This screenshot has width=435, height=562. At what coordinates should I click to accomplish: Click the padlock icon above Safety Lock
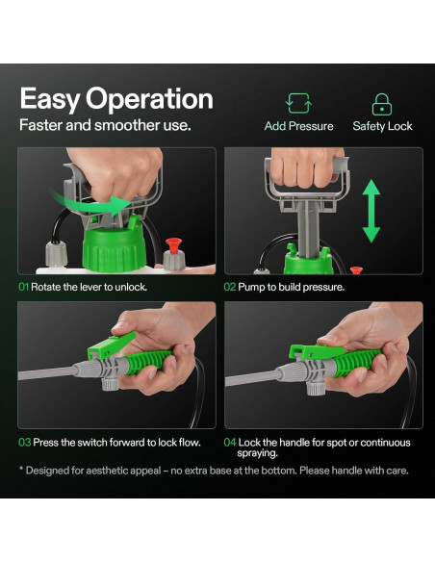click(382, 104)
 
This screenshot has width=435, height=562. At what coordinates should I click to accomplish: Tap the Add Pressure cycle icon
click(299, 103)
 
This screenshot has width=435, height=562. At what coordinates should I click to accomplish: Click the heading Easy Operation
click(116, 99)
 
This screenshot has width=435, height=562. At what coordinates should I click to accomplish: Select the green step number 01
click(23, 287)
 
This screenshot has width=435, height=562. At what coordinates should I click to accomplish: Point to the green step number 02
click(230, 287)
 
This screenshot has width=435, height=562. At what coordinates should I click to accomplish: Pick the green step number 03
click(25, 443)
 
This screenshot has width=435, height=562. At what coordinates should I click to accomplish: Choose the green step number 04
click(230, 443)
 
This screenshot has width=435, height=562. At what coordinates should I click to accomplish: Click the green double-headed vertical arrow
click(371, 211)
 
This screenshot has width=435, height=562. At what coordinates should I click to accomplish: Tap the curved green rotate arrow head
click(121, 205)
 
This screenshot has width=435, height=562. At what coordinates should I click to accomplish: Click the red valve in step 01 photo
click(174, 245)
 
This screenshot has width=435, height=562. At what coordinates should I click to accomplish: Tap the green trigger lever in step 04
click(316, 351)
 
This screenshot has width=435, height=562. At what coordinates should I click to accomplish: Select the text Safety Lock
click(382, 126)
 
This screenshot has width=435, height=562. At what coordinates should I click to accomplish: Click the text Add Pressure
click(299, 126)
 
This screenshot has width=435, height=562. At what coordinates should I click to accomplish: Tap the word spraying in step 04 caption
click(257, 453)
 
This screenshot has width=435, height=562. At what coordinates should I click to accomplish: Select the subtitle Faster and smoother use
click(105, 125)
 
